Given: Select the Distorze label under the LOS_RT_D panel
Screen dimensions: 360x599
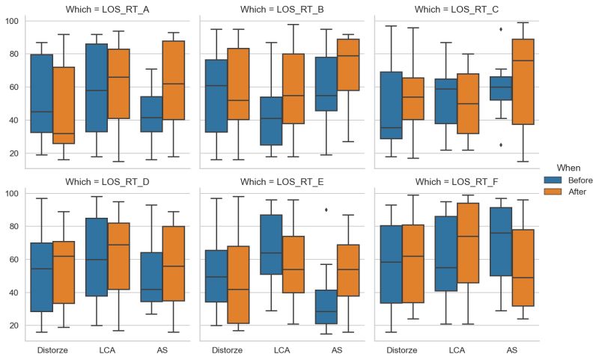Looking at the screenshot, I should coord(52,350).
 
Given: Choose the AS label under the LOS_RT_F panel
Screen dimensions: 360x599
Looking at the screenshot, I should coord(512,350).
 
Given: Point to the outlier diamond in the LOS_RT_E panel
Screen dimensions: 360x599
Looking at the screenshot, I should coord(325,210).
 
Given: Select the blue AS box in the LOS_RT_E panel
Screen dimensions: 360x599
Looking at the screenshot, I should coord(325,307).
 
